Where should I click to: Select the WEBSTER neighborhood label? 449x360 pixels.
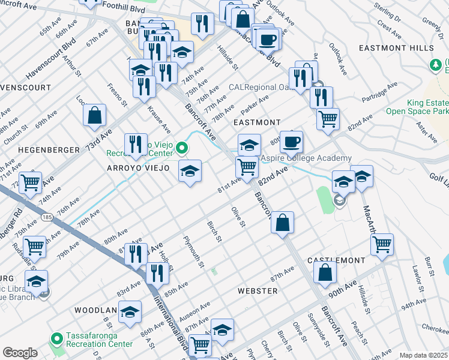point(258,291)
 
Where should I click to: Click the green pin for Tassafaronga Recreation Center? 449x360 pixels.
point(57,339)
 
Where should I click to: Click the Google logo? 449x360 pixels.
point(20,353)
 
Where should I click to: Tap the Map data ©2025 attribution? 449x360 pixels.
point(423,355)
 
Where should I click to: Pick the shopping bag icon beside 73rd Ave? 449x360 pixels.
point(94,115)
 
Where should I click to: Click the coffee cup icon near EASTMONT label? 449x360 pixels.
point(291,142)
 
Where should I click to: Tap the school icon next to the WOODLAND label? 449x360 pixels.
point(130,311)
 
